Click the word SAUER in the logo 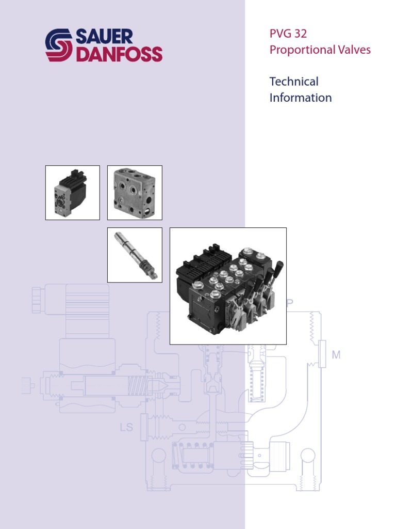coord(104,37)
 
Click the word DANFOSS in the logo coord(119,54)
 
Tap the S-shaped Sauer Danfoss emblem coord(59,45)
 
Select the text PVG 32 coord(288,35)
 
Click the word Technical coord(294,82)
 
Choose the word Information coord(301,98)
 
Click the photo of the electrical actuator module coord(73,193)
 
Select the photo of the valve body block coord(135,193)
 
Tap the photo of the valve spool coord(135,255)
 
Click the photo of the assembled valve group coord(228,286)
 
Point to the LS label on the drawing coord(126,427)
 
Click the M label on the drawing coord(336,355)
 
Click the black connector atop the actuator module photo coord(73,178)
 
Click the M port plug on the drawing coord(322,354)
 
